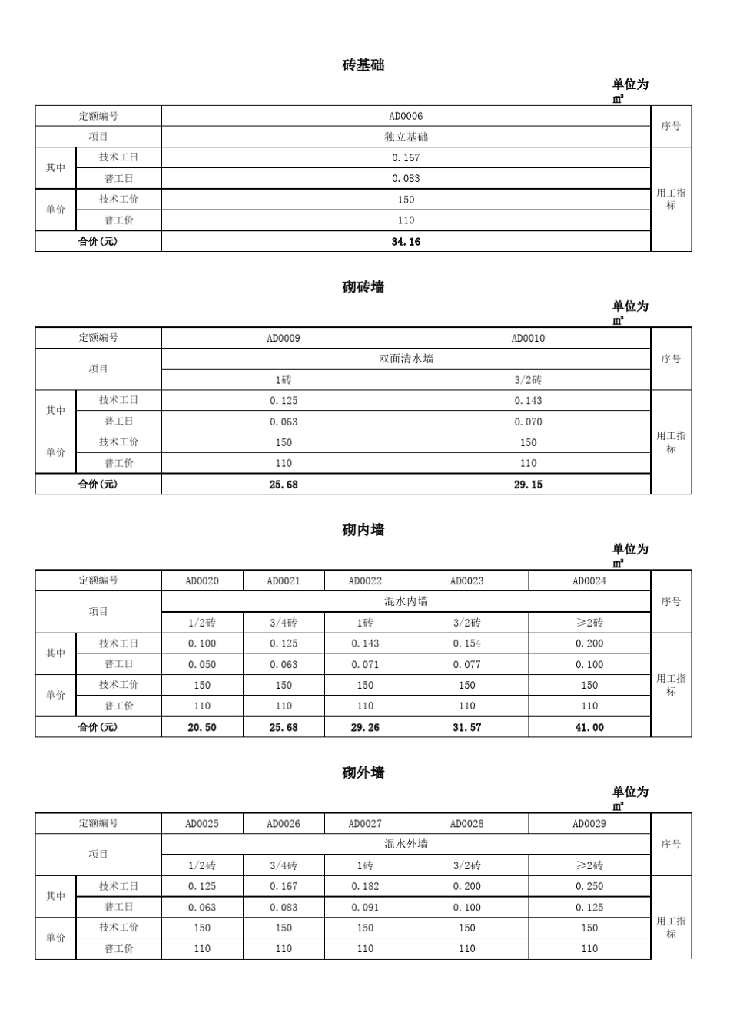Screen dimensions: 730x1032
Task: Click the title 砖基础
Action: pos(363,65)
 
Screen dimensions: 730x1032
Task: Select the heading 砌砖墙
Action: pos(363,287)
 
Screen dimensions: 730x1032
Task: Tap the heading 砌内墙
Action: pos(363,530)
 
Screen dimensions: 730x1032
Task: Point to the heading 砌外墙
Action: pos(363,772)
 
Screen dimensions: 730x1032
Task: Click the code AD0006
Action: pos(406,116)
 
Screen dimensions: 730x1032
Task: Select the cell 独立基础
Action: pos(406,137)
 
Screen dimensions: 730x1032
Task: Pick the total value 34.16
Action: pos(406,242)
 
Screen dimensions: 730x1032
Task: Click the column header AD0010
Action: pos(528,338)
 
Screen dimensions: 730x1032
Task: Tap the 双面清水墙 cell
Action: pos(406,359)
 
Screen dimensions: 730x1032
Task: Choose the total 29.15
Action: pos(528,485)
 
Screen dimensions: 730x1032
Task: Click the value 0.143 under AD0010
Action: pos(528,401)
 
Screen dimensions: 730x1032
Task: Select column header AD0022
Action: pos(365,581)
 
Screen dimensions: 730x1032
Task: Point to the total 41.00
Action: pos(589,727)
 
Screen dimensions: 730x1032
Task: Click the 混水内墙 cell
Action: pos(406,601)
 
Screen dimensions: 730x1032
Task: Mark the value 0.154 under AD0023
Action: pos(466,643)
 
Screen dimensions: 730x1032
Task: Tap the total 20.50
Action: pos(202,727)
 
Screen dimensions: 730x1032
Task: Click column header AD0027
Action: pos(365,824)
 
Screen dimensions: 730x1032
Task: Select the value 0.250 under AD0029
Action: pos(589,886)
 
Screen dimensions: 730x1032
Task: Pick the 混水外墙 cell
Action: pos(406,844)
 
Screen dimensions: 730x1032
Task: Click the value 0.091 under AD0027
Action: pos(365,907)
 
